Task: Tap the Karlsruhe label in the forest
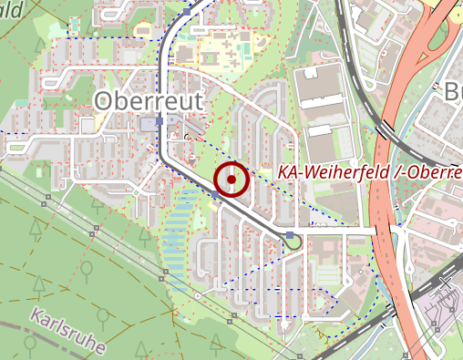tap(67, 332)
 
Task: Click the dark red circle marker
tap(231, 180)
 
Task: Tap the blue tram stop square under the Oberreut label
tap(159, 120)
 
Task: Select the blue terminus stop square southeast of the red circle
tap(290, 237)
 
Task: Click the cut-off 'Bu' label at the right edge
tap(453, 93)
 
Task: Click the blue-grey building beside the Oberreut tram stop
tap(147, 123)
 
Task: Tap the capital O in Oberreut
tap(105, 100)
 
